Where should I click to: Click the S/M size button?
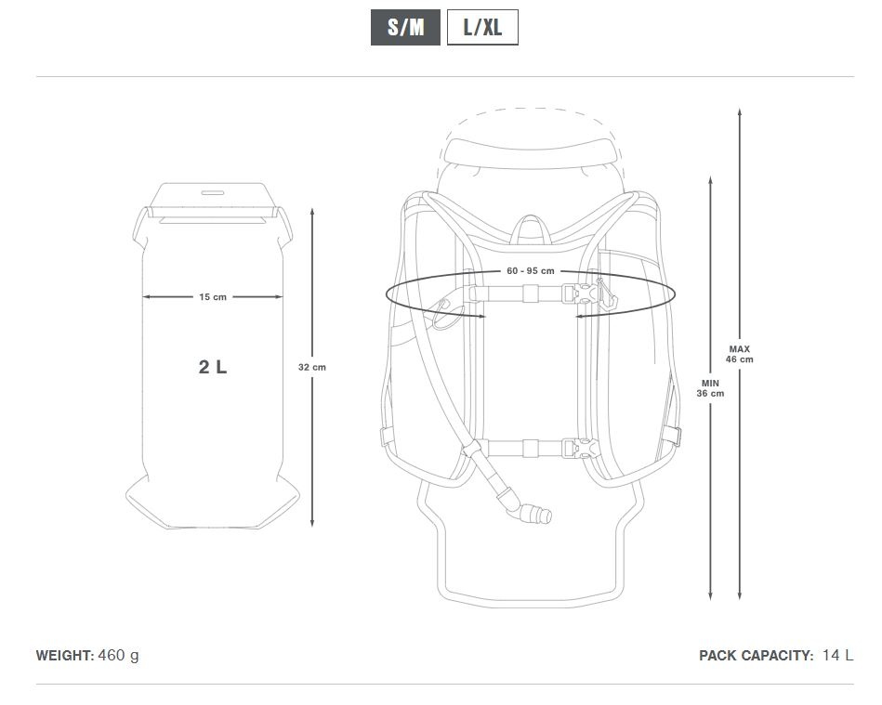pos(405,27)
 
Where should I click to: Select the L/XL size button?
pos(482,27)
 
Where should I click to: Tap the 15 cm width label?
pos(213,297)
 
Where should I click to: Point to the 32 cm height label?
pos(312,367)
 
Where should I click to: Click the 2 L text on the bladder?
pos(213,367)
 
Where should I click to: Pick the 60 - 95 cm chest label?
pos(531,271)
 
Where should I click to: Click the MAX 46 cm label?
pos(739,354)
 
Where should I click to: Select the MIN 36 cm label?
pos(710,388)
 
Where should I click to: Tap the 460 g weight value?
pos(118,656)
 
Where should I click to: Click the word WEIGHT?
pos(65,656)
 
